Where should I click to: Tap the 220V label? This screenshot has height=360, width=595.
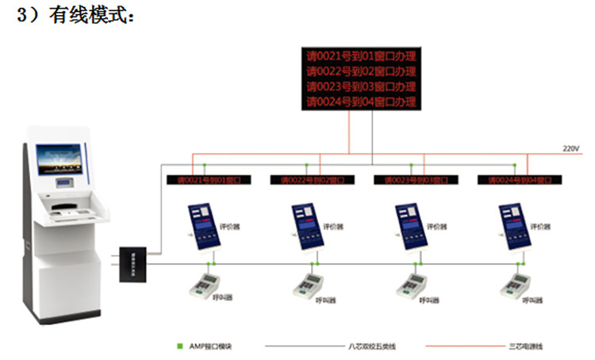[571, 148]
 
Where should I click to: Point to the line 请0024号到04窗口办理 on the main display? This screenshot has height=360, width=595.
[362, 101]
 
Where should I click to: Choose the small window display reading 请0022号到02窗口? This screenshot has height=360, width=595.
[312, 180]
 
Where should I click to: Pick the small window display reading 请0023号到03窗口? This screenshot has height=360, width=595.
[415, 180]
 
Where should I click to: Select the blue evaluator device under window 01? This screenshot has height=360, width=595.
[202, 228]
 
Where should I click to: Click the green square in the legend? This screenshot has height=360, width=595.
[179, 346]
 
